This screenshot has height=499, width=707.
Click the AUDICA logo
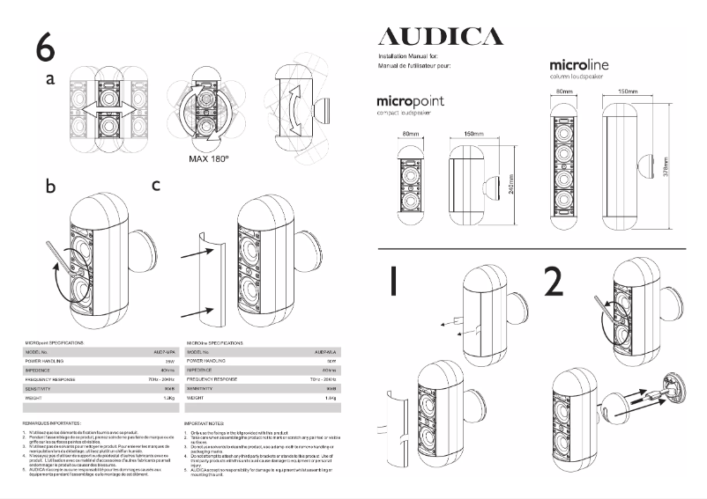tap(440, 36)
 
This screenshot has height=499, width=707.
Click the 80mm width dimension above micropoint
tap(410, 134)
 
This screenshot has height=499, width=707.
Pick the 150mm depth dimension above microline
tap(627, 91)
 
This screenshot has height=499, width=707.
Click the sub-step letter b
tap(51, 187)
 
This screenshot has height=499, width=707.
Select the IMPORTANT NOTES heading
tap(206, 423)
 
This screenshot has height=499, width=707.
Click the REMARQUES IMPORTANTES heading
tap(53, 423)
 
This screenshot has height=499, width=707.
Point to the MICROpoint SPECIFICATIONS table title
tap(56, 340)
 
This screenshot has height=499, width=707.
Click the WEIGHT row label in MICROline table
tap(198, 398)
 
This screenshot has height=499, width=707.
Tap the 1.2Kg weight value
tap(167, 398)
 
